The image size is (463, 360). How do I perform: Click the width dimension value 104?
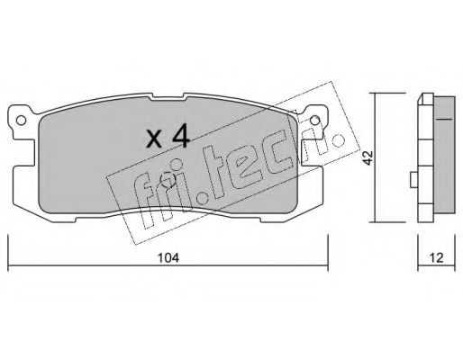click(168, 257)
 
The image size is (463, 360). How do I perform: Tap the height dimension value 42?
click(368, 157)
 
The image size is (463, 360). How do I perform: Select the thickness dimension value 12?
click(436, 257)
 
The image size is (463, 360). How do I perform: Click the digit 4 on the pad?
click(180, 136)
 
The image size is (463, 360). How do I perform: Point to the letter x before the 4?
click(155, 139)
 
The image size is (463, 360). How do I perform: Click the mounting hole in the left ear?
click(21, 121)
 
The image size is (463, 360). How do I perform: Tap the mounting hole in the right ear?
click(314, 121)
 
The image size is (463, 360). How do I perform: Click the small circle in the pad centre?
click(168, 180)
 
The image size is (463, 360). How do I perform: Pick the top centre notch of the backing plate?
click(168, 96)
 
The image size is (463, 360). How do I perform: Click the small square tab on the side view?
click(414, 179)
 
